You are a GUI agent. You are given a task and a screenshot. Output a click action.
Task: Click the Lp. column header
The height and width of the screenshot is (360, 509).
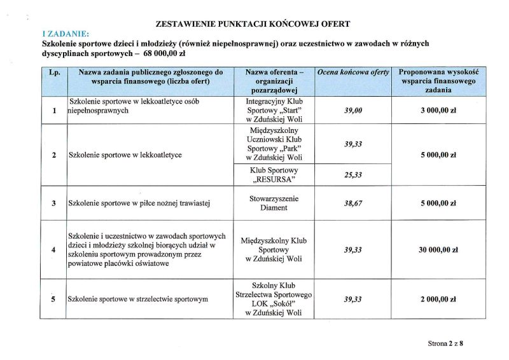(x=54, y=73)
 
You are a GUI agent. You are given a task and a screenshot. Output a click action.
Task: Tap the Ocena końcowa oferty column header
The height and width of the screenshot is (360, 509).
(x=352, y=73)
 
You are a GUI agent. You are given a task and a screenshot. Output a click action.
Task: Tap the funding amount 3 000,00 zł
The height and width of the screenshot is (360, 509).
(x=438, y=110)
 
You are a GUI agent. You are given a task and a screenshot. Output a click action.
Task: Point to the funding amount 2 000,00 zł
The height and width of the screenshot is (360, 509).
(x=438, y=299)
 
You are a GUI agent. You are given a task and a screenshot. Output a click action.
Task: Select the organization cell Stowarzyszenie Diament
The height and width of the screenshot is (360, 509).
(x=274, y=203)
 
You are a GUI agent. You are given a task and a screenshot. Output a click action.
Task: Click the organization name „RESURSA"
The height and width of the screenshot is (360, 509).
(x=274, y=179)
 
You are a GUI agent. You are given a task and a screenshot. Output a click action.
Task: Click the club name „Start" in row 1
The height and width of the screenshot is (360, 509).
(x=287, y=110)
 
